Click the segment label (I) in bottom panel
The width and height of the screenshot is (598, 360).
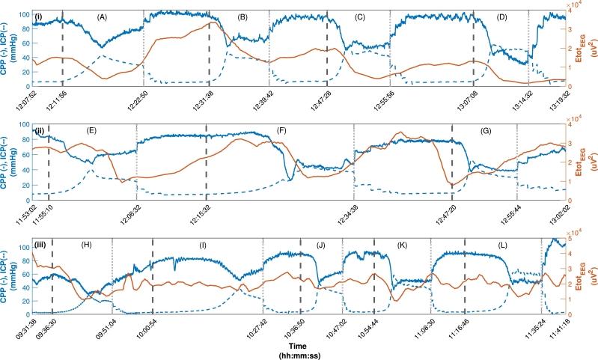pos(202,245)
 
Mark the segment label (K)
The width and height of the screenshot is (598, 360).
pos(403,245)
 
